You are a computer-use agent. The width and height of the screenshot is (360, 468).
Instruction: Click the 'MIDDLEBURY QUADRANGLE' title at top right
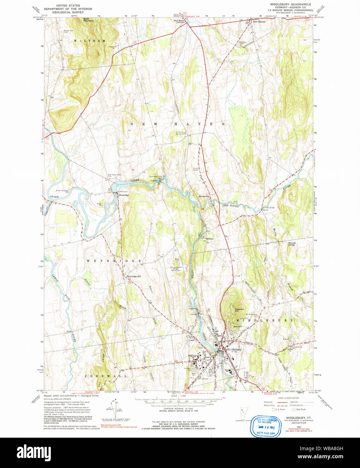[288, 4]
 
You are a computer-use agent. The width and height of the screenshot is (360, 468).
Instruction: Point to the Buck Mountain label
[88, 20]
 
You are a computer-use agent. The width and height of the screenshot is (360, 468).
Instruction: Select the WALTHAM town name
[90, 41]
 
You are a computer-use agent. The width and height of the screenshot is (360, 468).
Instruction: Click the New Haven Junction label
[179, 21]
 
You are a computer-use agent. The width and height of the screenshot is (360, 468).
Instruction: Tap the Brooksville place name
[204, 196]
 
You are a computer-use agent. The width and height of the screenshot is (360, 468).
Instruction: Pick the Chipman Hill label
[239, 310]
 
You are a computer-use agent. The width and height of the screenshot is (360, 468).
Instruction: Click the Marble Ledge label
[292, 244]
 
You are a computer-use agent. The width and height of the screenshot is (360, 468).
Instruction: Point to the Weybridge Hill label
[134, 276]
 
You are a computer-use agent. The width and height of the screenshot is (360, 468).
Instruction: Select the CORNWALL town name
[105, 376]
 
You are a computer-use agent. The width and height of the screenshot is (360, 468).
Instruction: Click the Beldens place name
[210, 239]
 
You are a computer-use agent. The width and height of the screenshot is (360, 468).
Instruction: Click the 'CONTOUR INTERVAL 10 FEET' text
[173, 408]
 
